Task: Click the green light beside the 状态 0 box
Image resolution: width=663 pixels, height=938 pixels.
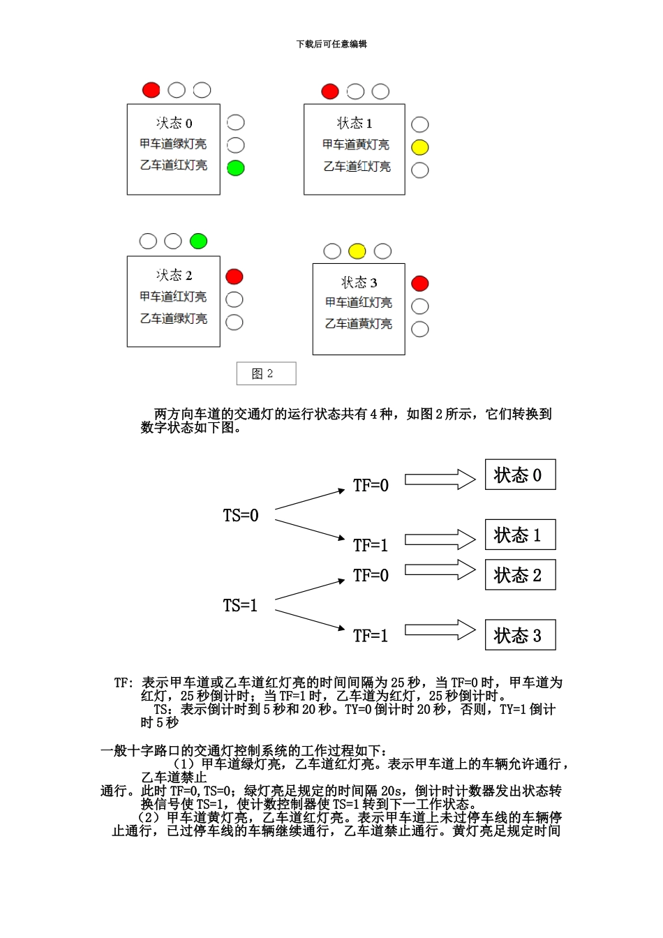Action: point(236,168)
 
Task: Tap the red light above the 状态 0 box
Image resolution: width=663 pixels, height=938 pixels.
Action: point(151,90)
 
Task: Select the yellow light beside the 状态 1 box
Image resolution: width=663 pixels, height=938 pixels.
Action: point(419,147)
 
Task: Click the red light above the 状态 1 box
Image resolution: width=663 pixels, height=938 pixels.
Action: point(330,91)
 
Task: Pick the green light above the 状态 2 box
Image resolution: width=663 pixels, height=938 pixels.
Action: point(198,241)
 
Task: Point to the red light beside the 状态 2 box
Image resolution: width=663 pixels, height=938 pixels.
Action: point(234,277)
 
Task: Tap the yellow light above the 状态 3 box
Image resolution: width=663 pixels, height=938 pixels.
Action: point(357,251)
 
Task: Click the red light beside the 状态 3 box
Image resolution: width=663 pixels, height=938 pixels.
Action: point(419,283)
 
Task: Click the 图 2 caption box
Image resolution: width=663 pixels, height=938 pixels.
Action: point(266,373)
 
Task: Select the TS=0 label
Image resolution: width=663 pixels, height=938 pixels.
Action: point(241,516)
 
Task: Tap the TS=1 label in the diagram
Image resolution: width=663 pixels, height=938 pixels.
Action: point(241,606)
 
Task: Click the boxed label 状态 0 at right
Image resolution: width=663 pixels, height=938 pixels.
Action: point(520,475)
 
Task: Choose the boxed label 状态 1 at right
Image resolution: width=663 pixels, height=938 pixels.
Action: point(520,535)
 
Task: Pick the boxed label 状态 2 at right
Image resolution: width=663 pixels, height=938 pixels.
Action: point(520,575)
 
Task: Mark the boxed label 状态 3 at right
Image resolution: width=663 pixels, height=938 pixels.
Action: point(520,635)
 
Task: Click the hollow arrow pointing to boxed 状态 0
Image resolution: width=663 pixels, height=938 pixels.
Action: point(440,479)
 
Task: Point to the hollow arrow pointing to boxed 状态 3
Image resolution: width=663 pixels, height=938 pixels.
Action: point(440,630)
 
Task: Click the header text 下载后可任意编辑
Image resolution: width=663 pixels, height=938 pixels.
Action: point(331,44)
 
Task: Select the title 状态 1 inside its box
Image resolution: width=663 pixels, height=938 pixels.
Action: point(355,124)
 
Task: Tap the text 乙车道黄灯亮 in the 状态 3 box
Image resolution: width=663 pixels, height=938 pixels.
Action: point(359,324)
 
